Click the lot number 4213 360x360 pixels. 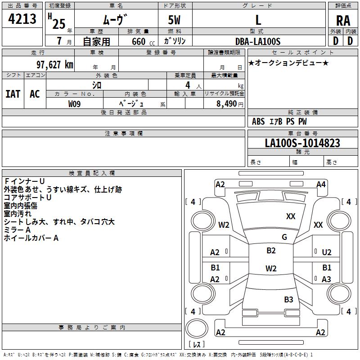(x=22, y=19)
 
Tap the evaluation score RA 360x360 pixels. (x=343, y=20)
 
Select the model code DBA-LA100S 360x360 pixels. (x=258, y=41)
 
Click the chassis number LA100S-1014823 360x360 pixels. (x=302, y=143)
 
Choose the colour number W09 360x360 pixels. (x=75, y=104)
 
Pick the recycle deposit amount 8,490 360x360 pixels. (x=226, y=104)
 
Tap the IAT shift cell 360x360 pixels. (x=13, y=94)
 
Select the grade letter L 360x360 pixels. (x=258, y=20)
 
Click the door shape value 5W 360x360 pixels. (x=175, y=20)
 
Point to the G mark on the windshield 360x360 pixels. (x=284, y=237)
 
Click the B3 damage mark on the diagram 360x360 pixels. (x=288, y=299)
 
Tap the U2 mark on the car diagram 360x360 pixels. (x=327, y=252)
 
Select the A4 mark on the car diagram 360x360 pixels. (x=321, y=184)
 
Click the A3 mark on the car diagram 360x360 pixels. (x=326, y=279)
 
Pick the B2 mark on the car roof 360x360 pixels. (x=271, y=251)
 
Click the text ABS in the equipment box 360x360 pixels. (x=258, y=121)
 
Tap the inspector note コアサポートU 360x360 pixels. (x=27, y=198)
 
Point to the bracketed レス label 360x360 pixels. (x=196, y=345)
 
